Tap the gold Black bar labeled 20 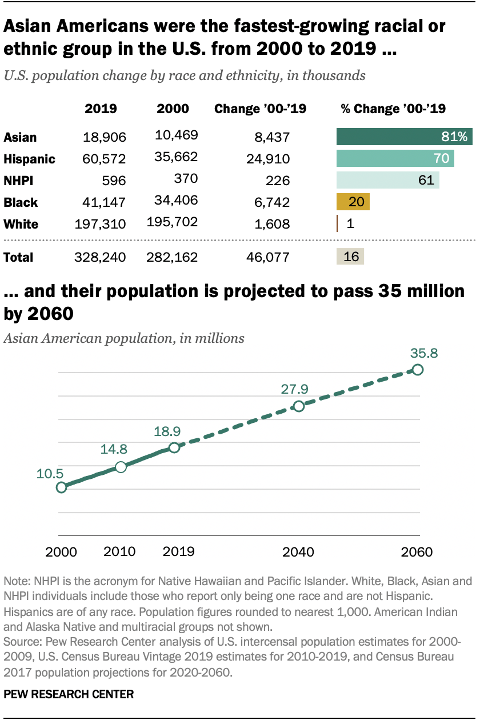[353, 202]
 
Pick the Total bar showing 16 [350, 257]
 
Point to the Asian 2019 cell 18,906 [105, 137]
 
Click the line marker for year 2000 [61, 487]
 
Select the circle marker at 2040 [298, 406]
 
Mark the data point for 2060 [418, 370]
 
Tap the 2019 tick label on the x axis [178, 551]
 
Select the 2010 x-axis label [120, 551]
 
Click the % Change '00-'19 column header [393, 109]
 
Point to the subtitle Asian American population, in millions [124, 338]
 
